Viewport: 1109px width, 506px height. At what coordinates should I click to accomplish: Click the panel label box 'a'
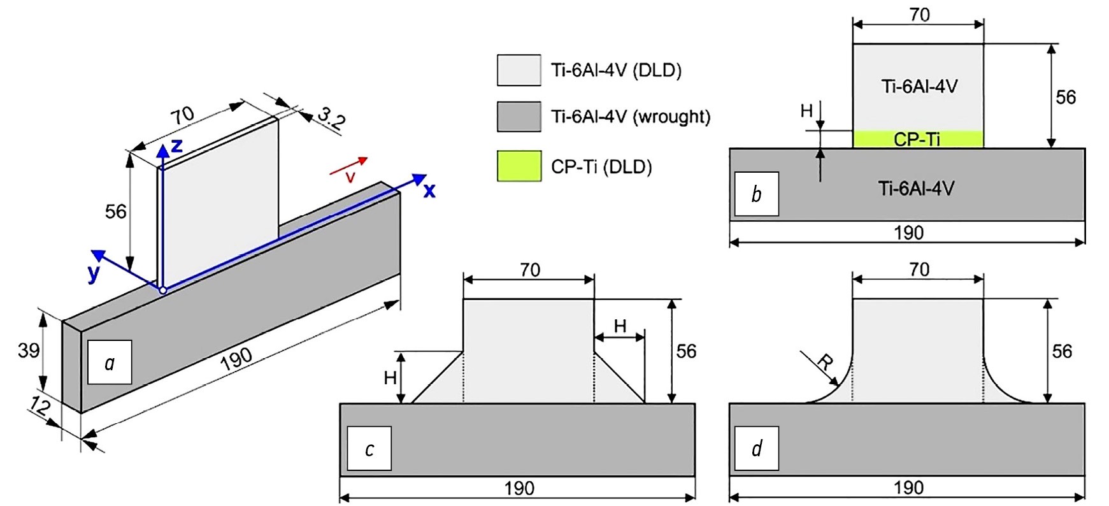click(x=110, y=363)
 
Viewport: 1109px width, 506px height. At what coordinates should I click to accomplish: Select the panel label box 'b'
click(x=756, y=194)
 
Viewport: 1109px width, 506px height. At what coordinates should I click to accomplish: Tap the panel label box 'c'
click(x=369, y=449)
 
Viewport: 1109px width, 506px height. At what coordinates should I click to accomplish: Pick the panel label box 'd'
click(x=756, y=449)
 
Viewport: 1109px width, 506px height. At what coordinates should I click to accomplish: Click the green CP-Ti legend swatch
click(x=519, y=166)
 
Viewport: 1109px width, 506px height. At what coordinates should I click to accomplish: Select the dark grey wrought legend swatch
click(x=519, y=117)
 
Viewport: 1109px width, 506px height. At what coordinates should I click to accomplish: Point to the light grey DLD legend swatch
click(x=519, y=70)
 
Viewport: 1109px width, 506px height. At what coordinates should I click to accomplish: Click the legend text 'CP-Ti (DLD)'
click(x=601, y=167)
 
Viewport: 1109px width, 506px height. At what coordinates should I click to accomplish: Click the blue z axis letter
click(x=176, y=146)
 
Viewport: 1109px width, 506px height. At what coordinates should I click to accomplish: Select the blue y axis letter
click(x=94, y=273)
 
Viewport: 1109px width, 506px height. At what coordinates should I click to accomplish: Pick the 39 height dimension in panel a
click(x=29, y=350)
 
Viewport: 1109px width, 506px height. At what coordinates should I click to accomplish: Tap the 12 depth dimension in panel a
click(x=39, y=407)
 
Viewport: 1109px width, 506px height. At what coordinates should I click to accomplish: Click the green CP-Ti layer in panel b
click(x=917, y=139)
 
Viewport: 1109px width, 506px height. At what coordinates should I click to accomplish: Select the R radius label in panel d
click(x=824, y=363)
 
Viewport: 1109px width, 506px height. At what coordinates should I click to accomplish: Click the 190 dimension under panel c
click(x=519, y=488)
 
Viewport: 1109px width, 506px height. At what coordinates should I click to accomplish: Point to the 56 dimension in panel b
click(x=1065, y=97)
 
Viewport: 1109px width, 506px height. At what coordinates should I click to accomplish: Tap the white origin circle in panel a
click(x=163, y=290)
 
